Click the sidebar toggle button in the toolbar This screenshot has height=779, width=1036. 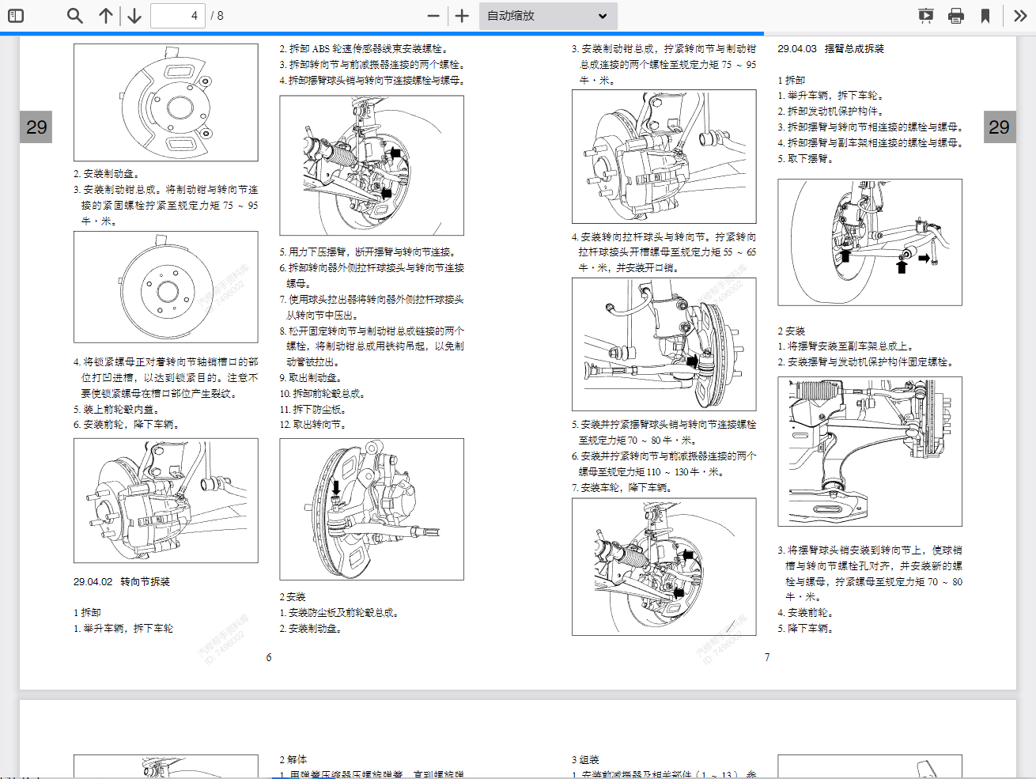tap(15, 16)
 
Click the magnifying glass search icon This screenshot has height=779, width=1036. tap(75, 16)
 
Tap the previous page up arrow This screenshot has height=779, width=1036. tap(106, 16)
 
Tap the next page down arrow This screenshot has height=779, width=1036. tap(134, 16)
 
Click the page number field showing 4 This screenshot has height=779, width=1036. tap(177, 16)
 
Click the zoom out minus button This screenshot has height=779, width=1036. tap(433, 16)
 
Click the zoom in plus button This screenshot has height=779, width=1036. tap(463, 16)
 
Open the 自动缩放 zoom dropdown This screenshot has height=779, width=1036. tap(547, 16)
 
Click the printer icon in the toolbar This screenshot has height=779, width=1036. tap(956, 16)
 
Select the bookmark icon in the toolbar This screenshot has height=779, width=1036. tap(985, 16)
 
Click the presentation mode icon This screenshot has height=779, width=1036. tap(926, 16)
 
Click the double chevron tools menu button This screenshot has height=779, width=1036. tap(1020, 16)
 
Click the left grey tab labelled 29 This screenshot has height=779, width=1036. tap(36, 127)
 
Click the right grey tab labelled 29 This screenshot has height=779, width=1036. tap(999, 127)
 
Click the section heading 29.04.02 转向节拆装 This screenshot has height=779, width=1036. tap(122, 582)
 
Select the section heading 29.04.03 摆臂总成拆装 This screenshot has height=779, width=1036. tap(830, 49)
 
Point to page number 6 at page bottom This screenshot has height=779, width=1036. tap(269, 657)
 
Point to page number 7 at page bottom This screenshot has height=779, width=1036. tap(767, 657)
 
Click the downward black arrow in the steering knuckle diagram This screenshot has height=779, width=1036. tap(336, 487)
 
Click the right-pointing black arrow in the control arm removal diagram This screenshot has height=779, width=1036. tap(924, 259)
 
